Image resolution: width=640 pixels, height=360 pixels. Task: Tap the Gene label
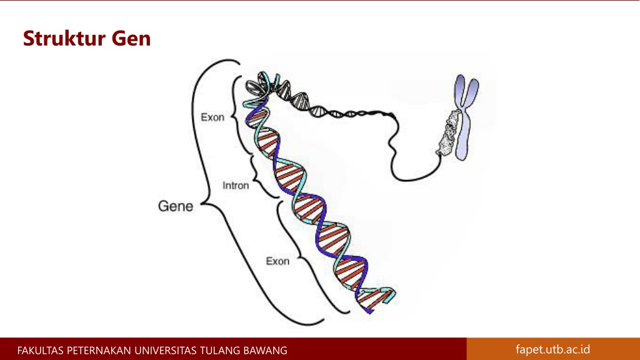tap(175, 206)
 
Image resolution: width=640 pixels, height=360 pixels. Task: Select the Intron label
tap(236, 186)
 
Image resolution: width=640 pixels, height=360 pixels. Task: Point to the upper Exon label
tap(212, 117)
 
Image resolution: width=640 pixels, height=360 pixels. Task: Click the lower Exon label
tap(277, 261)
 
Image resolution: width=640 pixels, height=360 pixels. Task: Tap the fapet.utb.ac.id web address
tap(552, 349)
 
